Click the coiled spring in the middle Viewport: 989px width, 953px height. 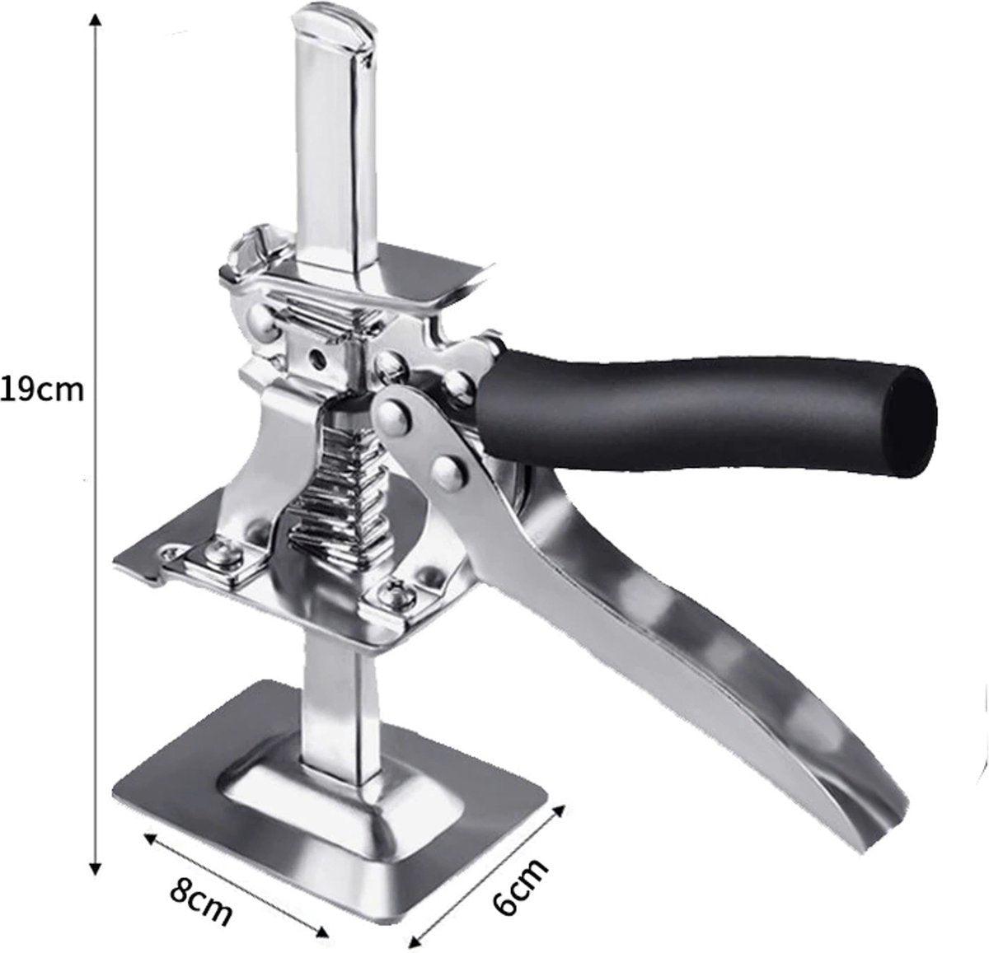(x=340, y=493)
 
